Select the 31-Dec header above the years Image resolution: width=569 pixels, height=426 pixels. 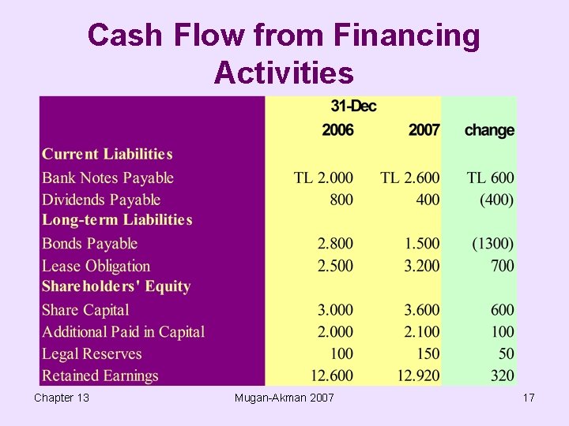click(x=353, y=106)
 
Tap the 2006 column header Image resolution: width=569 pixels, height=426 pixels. click(x=337, y=129)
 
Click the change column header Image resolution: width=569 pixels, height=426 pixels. click(x=489, y=129)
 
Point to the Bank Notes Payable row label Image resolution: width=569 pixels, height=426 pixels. click(x=107, y=177)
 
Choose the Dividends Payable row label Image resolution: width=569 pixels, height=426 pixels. click(x=101, y=200)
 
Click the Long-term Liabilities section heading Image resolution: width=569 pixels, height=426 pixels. click(x=117, y=220)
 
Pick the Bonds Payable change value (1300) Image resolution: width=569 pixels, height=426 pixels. click(x=492, y=244)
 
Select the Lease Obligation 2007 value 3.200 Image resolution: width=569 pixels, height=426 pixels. click(x=421, y=266)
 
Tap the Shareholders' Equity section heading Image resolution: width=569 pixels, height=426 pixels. click(x=116, y=286)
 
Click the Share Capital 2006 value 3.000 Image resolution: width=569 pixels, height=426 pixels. click(x=335, y=310)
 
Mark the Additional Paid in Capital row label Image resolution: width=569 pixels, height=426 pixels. click(x=123, y=332)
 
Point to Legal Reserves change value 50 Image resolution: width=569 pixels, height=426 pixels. click(x=506, y=354)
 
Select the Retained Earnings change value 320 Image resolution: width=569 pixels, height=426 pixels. click(x=502, y=376)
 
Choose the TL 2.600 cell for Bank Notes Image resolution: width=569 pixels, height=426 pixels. click(x=409, y=177)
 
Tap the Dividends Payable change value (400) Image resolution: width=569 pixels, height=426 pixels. click(x=496, y=200)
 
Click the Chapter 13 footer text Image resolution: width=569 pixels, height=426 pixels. click(x=62, y=398)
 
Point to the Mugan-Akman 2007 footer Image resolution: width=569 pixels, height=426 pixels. click(x=284, y=398)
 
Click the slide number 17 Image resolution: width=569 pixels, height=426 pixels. click(x=529, y=398)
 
